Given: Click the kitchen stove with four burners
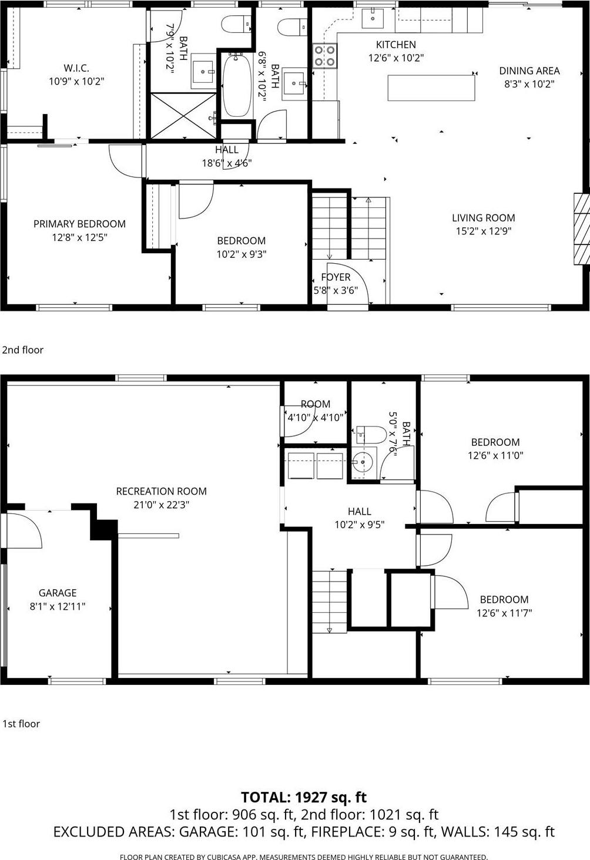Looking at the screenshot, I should click(x=324, y=56).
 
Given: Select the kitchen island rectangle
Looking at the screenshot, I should click(x=431, y=88).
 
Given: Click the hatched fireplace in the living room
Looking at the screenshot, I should click(x=581, y=228).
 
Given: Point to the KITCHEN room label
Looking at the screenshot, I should click(x=395, y=45).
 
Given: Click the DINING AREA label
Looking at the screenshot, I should click(x=529, y=70).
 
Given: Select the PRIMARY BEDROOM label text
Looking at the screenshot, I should click(x=79, y=224).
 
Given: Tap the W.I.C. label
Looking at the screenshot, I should click(x=76, y=68).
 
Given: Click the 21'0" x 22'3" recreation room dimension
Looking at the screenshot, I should click(x=161, y=505).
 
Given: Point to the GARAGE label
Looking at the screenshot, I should click(x=58, y=593).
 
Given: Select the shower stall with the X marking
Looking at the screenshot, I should click(x=183, y=115).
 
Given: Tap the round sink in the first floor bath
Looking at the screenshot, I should click(x=363, y=462).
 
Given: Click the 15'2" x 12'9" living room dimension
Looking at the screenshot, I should click(x=483, y=231).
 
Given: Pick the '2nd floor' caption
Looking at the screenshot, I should click(x=23, y=350).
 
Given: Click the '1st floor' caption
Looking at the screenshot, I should click(x=21, y=724).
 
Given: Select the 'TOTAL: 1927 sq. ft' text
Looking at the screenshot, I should click(x=303, y=797).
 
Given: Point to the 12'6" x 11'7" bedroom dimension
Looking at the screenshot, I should click(x=504, y=613).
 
